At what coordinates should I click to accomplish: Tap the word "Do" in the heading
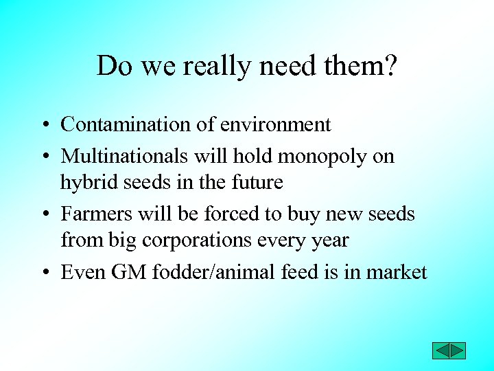(112, 66)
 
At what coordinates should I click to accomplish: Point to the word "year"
(331, 241)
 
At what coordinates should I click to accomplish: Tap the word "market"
(396, 272)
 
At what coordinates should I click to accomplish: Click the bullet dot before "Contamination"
(43, 126)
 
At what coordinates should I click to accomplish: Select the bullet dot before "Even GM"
(43, 273)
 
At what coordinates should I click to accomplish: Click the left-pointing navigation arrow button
(440, 350)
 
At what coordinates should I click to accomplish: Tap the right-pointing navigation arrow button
(458, 350)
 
